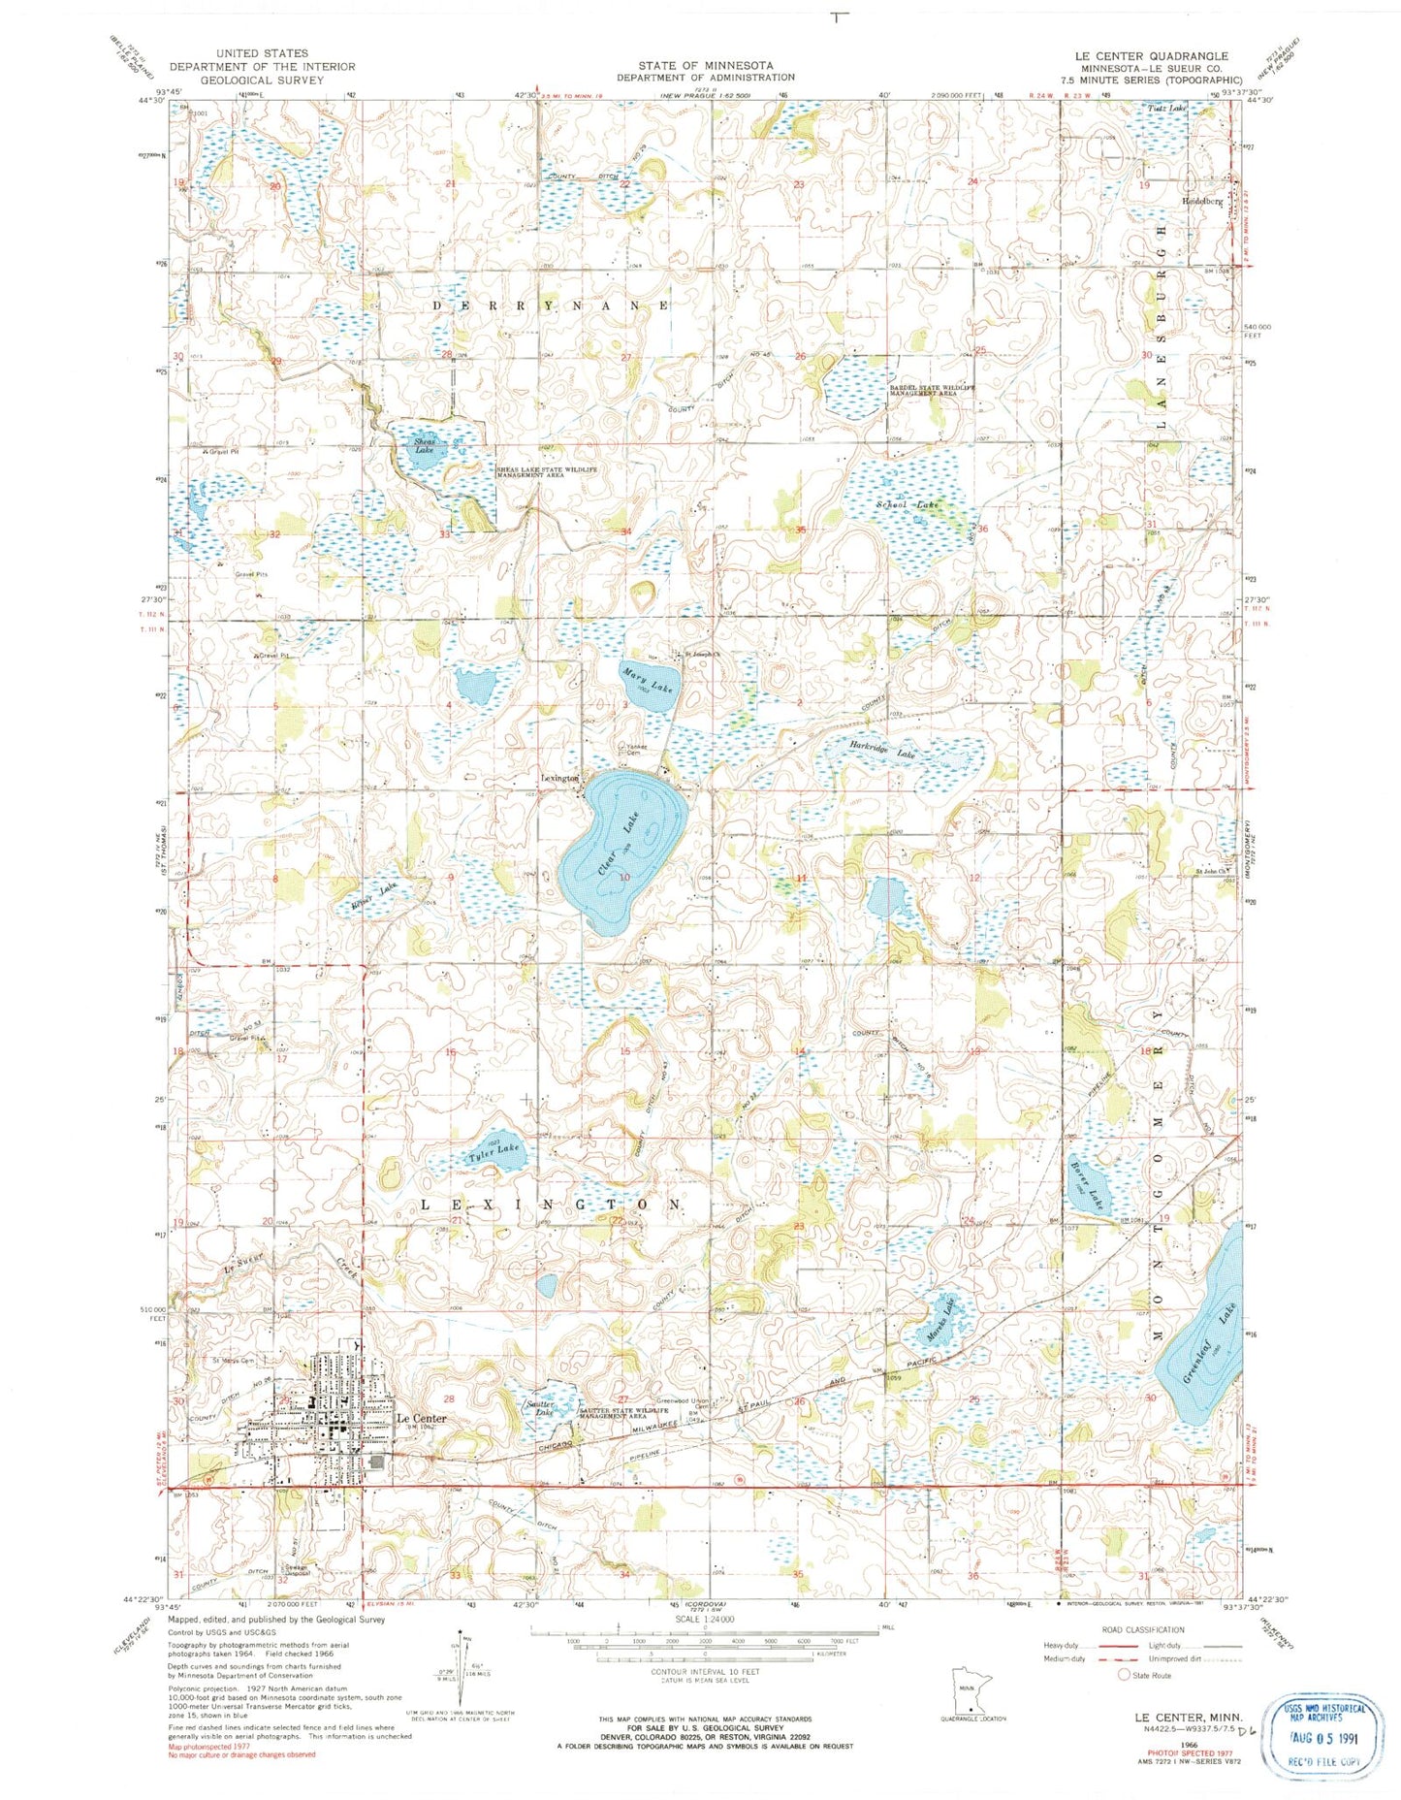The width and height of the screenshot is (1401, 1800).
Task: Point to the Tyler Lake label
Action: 494,1153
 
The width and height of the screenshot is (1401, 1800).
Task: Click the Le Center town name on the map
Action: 422,1418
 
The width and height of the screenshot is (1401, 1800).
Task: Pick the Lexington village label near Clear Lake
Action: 559,778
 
